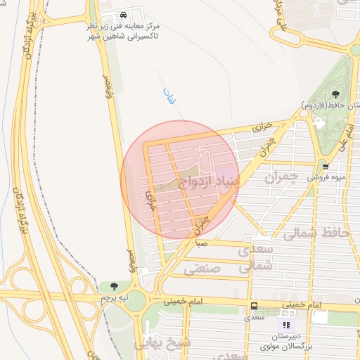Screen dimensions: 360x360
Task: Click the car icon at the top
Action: pos(124,15)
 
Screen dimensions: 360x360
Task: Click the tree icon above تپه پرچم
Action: pos(115,286)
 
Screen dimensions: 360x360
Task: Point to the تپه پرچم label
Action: pos(115,298)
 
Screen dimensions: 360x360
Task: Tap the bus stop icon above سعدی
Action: pos(254,307)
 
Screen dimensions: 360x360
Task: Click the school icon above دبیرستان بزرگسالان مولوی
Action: pos(285,325)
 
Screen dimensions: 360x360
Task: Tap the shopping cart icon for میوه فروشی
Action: pos(326,167)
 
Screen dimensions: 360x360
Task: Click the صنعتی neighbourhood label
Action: pos(202,269)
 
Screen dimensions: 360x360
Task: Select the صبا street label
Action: pos(202,243)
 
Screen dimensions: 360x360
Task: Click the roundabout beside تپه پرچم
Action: pos(136,300)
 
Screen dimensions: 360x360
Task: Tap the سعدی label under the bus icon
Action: pos(254,318)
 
